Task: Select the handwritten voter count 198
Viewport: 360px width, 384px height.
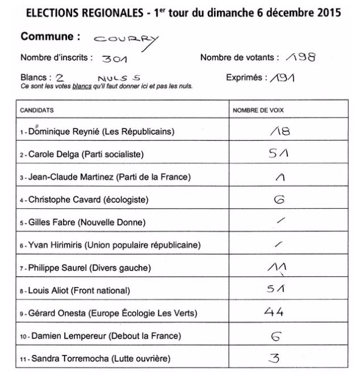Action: click(299, 57)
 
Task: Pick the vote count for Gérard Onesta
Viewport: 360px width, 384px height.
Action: click(274, 312)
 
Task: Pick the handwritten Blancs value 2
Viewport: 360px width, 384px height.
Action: click(60, 78)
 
